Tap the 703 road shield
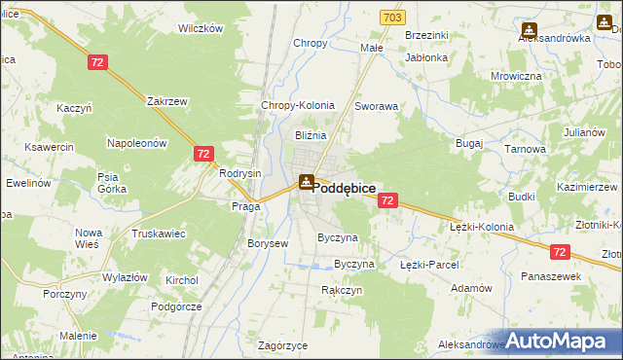[x=392, y=18]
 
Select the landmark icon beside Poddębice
[x=306, y=181]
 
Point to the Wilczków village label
[x=201, y=28]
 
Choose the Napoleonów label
[x=137, y=142]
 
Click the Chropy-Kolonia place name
[x=298, y=105]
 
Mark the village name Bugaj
[x=469, y=142]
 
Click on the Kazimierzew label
[x=588, y=185]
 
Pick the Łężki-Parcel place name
[x=429, y=264]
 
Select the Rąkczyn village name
[x=342, y=290]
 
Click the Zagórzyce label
[x=283, y=345]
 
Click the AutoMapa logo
[x=563, y=342]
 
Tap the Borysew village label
[x=268, y=243]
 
